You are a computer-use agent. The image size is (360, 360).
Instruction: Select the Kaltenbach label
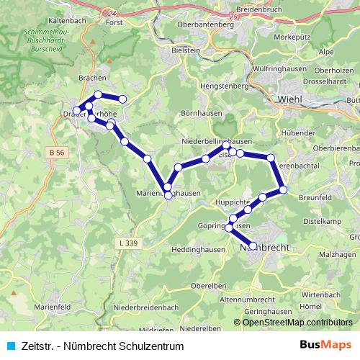point(67,22)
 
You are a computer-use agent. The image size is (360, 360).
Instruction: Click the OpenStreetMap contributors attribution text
point(297,323)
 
